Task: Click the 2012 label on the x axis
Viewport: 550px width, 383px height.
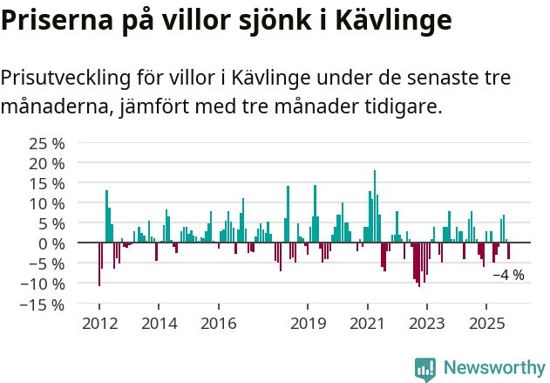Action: [98, 324]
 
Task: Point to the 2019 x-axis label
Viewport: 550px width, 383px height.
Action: [308, 324]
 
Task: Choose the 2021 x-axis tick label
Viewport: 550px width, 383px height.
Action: [367, 324]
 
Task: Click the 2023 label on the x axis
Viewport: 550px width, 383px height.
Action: [427, 324]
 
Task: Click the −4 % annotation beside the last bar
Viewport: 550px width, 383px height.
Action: [509, 275]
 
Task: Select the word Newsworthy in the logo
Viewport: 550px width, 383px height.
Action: [493, 368]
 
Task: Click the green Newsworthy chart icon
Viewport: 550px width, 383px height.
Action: [425, 369]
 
